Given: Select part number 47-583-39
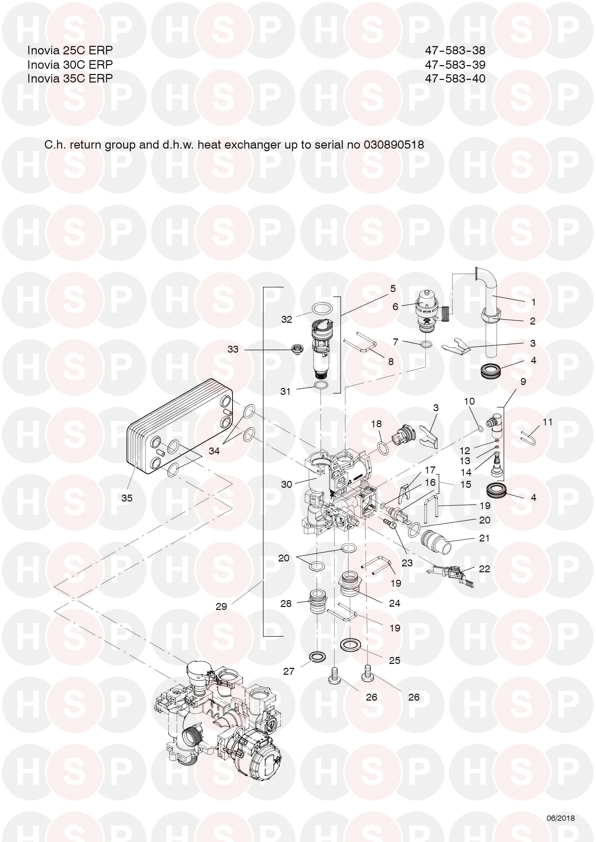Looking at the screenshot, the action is click(455, 64).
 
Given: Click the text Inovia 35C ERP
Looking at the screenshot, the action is click(70, 79).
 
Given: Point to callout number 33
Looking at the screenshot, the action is click(233, 349).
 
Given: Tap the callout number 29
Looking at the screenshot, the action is click(221, 607).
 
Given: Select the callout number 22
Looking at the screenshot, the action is click(484, 568).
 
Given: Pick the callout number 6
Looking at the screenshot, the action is click(395, 306).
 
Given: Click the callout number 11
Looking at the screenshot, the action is click(547, 422).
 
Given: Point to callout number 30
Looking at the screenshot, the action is click(287, 484).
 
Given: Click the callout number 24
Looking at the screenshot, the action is click(394, 603).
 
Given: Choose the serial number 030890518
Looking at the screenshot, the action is click(394, 144).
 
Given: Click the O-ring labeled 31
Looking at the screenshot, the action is click(321, 385).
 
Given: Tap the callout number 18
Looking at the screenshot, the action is click(376, 424).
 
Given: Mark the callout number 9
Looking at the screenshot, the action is click(523, 382).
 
